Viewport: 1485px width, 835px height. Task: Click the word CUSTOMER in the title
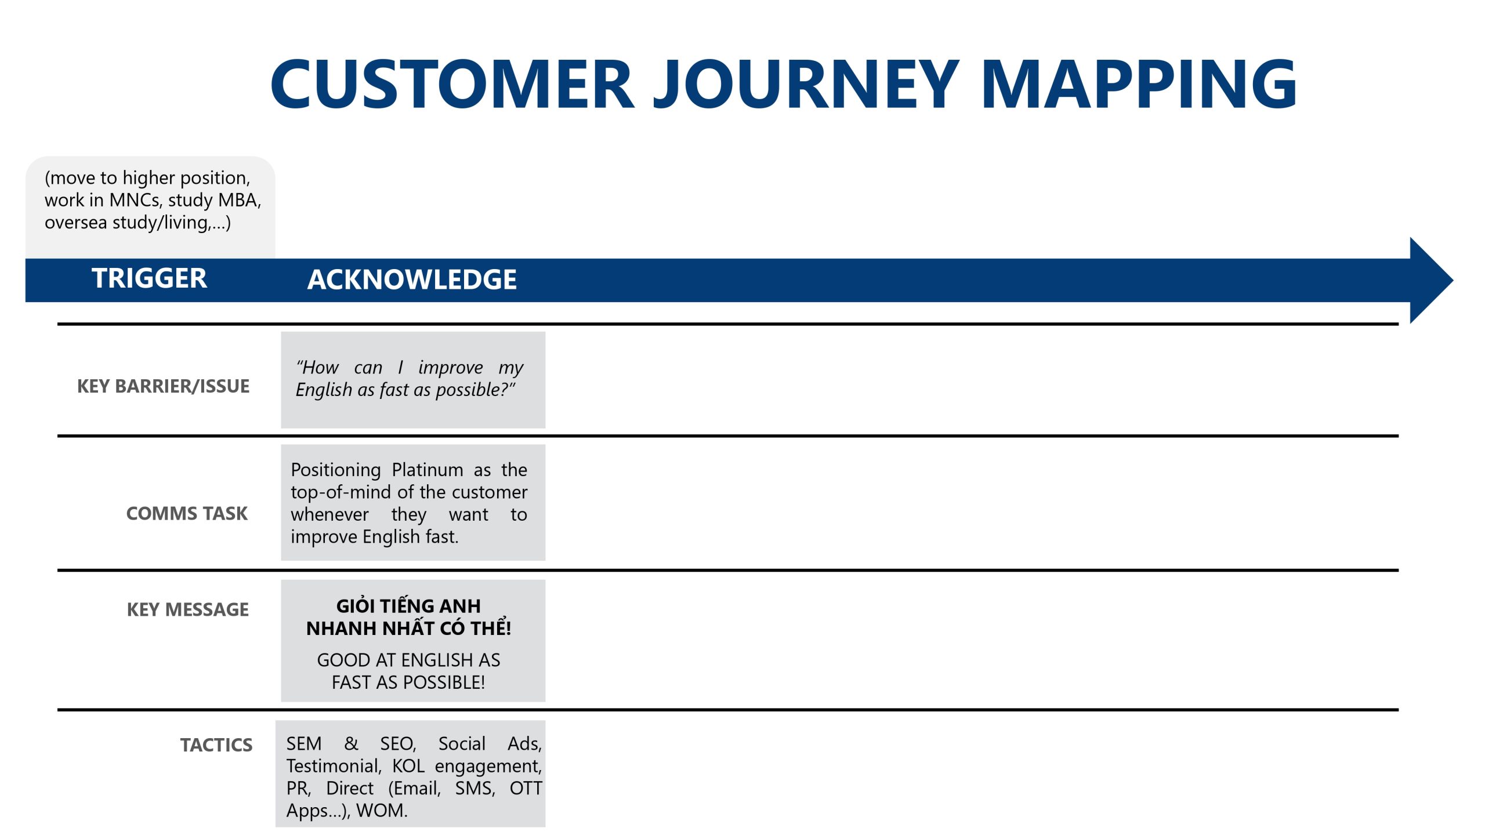click(452, 84)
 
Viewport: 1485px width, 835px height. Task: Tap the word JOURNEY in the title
click(807, 84)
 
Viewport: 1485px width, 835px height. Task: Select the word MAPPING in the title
click(1139, 84)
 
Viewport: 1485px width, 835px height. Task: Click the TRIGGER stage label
click(149, 278)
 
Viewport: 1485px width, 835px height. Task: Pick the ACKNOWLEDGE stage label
click(412, 279)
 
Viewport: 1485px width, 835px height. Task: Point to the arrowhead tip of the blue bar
click(1453, 281)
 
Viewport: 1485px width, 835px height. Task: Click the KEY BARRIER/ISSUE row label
click(164, 386)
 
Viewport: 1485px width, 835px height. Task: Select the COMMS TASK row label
click(187, 513)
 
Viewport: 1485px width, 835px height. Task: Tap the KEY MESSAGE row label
click(188, 609)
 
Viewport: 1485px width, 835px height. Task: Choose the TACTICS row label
click(216, 745)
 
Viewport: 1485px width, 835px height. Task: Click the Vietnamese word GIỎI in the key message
click(356, 606)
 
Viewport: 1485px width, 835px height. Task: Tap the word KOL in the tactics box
click(408, 767)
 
